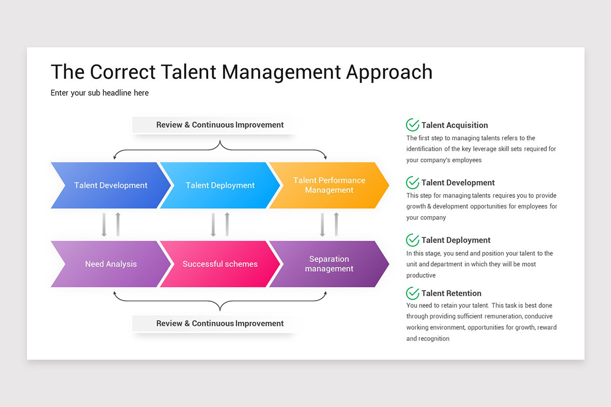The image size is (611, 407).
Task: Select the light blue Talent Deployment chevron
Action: click(x=220, y=185)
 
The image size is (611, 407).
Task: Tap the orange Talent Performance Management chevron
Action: click(x=329, y=185)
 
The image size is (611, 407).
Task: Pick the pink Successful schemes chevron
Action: click(x=220, y=264)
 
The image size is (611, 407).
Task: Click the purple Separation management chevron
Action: click(x=329, y=264)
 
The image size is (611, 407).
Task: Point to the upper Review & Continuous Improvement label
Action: click(x=220, y=125)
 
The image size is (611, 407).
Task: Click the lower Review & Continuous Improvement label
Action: click(x=220, y=323)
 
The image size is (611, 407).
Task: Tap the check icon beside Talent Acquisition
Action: click(x=412, y=125)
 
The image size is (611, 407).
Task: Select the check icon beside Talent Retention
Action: click(x=412, y=293)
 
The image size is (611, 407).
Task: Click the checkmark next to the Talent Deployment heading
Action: click(x=412, y=240)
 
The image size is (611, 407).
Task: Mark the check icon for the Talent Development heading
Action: click(x=412, y=182)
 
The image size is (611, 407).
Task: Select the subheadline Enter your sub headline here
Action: click(x=100, y=93)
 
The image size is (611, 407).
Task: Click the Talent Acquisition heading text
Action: click(x=455, y=125)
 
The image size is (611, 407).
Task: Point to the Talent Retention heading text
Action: click(x=451, y=294)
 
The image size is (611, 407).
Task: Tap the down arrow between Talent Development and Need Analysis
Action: click(x=104, y=224)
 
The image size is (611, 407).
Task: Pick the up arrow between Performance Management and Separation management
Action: click(x=336, y=224)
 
